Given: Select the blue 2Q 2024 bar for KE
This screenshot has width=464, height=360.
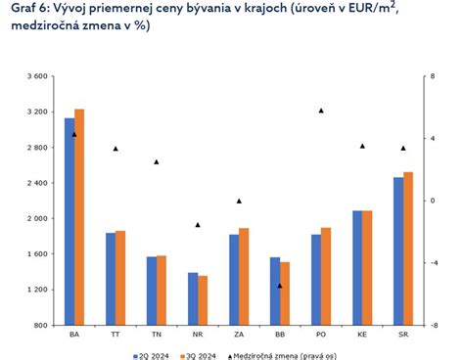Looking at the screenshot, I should [357, 267].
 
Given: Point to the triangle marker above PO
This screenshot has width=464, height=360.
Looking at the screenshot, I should [321, 111].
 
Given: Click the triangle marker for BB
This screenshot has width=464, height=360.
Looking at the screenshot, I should [280, 286].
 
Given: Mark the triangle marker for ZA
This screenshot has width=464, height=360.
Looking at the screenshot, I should [239, 201].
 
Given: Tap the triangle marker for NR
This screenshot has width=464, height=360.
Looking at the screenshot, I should [198, 224].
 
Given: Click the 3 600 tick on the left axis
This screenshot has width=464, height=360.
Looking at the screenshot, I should [35, 76].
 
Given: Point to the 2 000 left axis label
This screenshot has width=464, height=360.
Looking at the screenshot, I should [35, 218].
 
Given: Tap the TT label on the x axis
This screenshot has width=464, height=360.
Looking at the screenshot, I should [116, 336].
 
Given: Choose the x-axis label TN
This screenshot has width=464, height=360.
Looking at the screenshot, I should [157, 336].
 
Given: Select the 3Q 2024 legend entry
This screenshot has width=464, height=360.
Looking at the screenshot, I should [201, 356].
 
